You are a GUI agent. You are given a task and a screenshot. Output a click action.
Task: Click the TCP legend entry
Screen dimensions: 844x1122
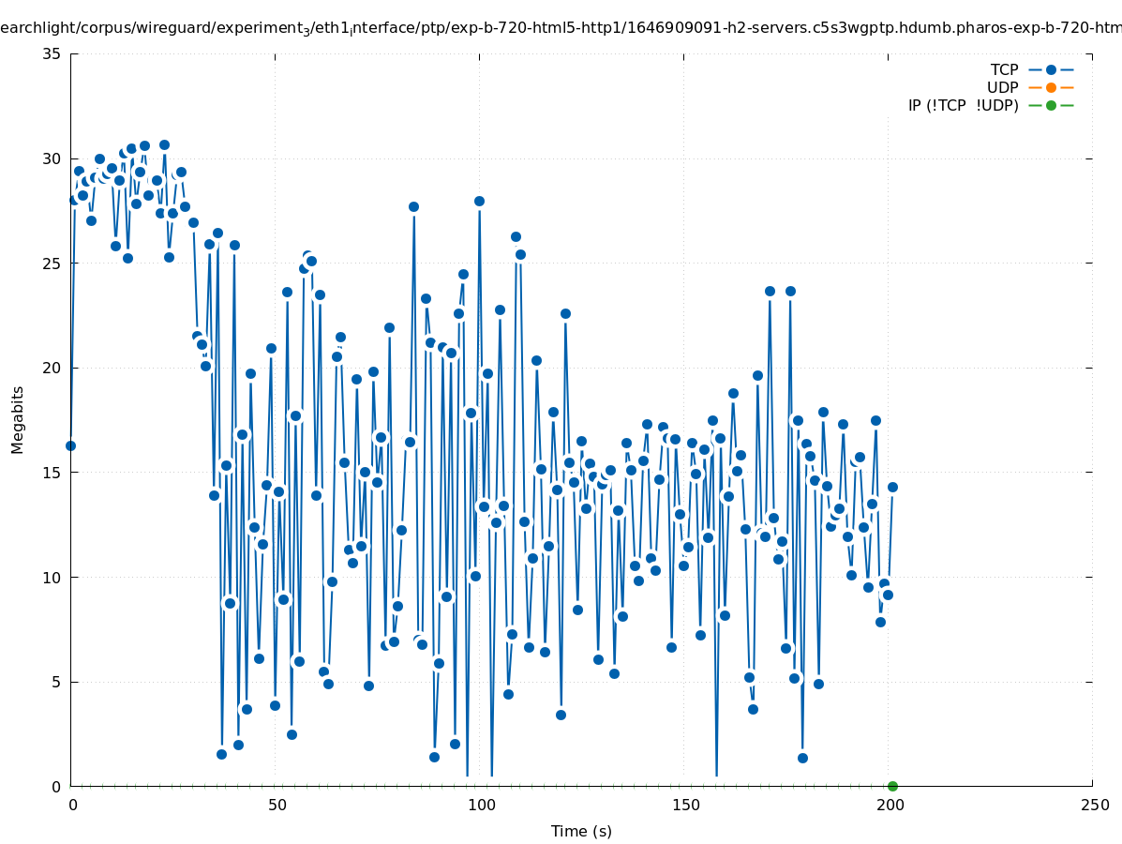click(x=1004, y=69)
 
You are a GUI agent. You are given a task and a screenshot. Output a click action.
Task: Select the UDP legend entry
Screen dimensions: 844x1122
click(x=1002, y=87)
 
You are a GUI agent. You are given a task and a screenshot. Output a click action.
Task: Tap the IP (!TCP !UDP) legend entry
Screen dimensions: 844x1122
click(x=963, y=105)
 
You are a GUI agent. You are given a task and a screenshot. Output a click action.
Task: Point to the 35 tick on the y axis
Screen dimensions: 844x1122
click(x=52, y=53)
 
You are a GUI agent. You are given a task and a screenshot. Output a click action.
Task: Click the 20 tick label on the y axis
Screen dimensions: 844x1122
click(x=52, y=368)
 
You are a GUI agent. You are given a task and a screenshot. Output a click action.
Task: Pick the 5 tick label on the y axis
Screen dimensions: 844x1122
click(x=56, y=682)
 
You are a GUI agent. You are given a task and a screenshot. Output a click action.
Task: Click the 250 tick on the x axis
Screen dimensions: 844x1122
click(x=1094, y=805)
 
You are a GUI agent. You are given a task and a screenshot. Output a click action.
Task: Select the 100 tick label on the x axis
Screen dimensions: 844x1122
click(x=480, y=805)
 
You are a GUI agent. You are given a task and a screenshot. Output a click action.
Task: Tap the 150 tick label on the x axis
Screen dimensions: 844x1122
click(x=684, y=805)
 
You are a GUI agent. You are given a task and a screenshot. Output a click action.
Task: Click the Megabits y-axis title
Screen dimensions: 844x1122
click(x=18, y=419)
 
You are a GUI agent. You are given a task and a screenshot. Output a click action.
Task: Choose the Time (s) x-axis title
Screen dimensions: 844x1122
click(x=581, y=831)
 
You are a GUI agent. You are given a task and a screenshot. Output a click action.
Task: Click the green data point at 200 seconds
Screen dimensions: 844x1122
click(x=892, y=786)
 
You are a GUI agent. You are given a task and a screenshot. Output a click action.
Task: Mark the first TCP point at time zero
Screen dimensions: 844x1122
click(x=70, y=445)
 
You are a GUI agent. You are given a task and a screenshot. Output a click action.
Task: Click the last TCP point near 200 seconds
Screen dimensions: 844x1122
click(x=892, y=487)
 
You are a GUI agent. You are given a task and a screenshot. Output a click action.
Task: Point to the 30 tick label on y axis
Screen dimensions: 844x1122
click(x=52, y=158)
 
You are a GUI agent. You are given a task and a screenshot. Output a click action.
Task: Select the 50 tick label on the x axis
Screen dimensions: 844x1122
click(x=276, y=805)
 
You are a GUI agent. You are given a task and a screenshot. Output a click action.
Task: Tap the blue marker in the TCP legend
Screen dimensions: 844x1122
click(x=1051, y=69)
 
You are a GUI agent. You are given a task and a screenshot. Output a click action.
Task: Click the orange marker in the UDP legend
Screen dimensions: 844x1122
click(x=1051, y=87)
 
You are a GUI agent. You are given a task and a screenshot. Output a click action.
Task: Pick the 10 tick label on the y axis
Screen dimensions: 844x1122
click(x=52, y=577)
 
